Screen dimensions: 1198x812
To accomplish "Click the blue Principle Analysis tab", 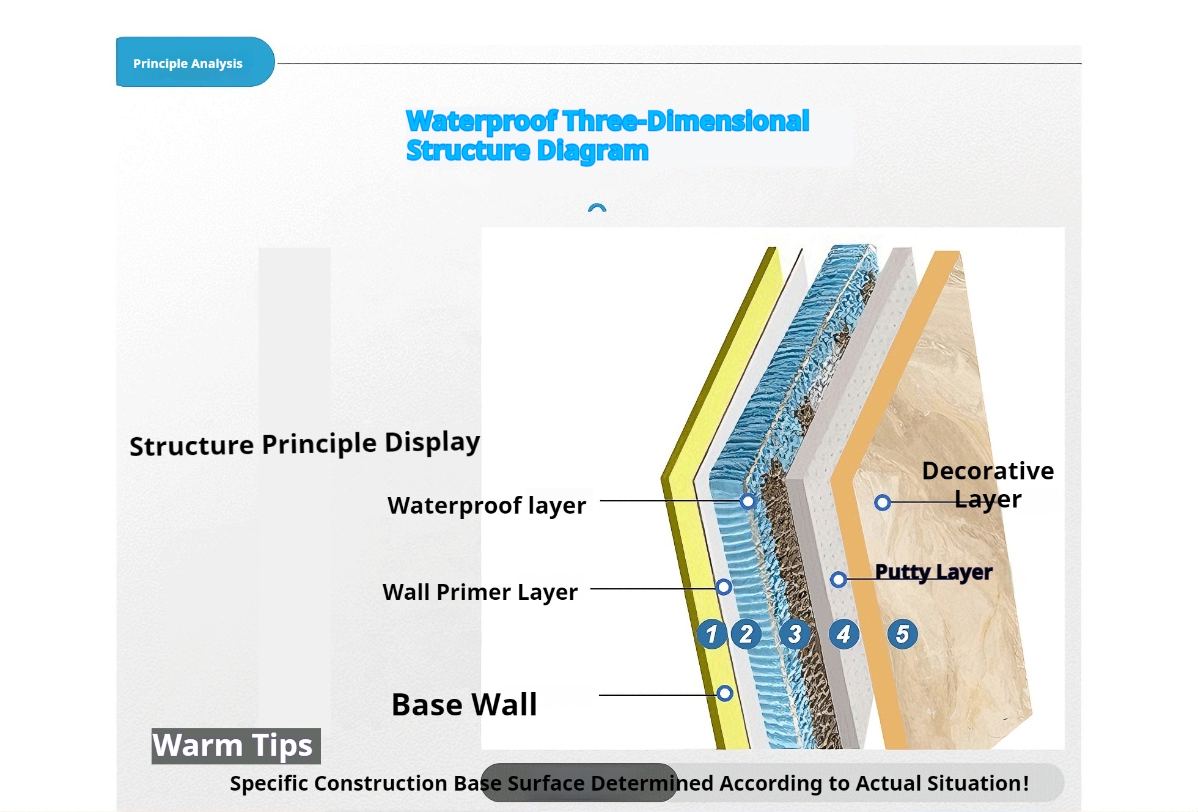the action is [x=195, y=62].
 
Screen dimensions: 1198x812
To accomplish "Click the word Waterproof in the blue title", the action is [x=482, y=121].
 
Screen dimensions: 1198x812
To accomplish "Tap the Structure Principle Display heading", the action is [x=304, y=443].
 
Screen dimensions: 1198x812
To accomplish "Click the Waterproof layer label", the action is [x=487, y=506].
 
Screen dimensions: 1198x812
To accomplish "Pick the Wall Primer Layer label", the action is [x=480, y=592].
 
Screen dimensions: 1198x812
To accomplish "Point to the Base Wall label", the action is [x=464, y=704].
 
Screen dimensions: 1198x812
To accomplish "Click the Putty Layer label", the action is [x=933, y=572].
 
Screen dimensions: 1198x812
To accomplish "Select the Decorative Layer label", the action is [x=988, y=485].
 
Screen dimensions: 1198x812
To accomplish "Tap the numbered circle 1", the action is [x=711, y=634].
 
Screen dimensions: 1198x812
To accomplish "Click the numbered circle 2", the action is [x=746, y=634].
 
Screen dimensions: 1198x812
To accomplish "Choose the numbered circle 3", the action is [x=795, y=634].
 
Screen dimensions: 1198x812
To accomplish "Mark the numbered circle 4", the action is [x=843, y=634].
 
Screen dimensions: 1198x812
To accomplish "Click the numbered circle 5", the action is [x=902, y=634].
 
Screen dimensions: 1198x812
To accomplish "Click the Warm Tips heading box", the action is [x=236, y=746].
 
